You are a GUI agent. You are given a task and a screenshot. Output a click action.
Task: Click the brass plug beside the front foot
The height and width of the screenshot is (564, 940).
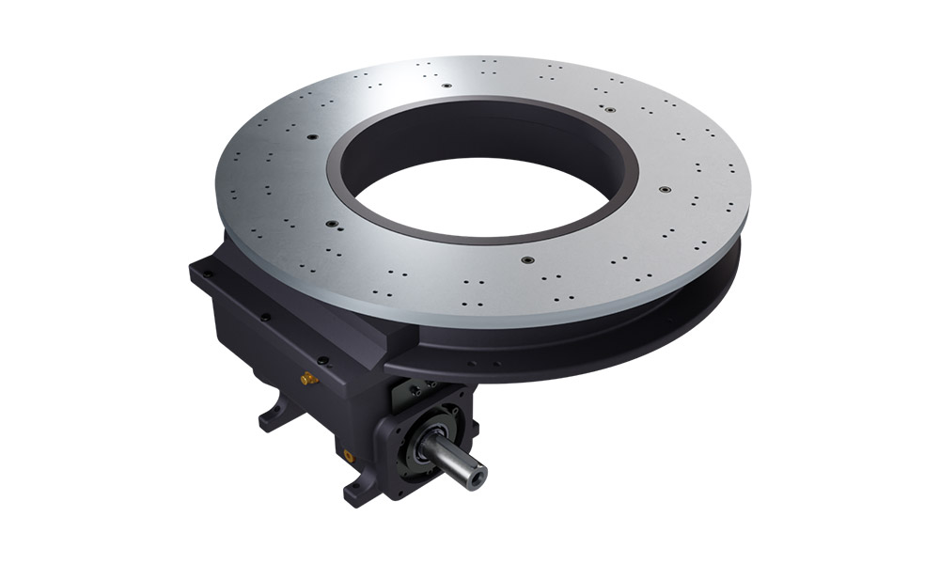[x=350, y=453]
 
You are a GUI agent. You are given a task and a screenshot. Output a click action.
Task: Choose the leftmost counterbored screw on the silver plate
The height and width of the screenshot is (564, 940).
[x=334, y=224]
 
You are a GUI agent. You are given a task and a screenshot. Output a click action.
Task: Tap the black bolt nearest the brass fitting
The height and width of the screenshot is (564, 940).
[x=323, y=359]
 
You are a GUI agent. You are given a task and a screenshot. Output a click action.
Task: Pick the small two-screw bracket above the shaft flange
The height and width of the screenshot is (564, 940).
[x=414, y=388]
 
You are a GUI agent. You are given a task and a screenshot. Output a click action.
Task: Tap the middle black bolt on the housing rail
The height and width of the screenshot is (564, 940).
[x=266, y=318]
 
